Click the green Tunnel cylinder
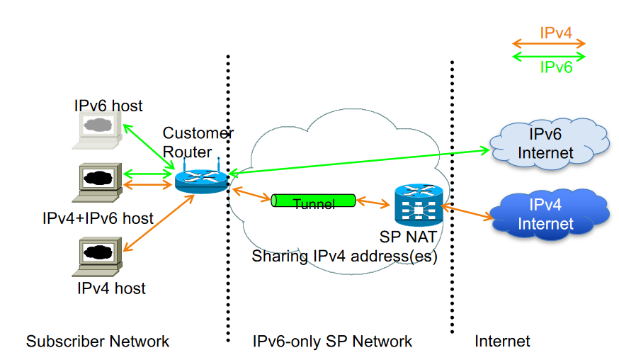coord(313,202)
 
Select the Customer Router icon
coord(199,180)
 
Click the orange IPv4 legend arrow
coord(548,44)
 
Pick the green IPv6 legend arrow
coord(548,56)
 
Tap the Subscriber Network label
coord(98,342)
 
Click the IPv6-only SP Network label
coord(332,342)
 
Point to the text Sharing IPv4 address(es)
coord(344,257)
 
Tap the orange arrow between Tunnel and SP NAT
coord(373,203)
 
